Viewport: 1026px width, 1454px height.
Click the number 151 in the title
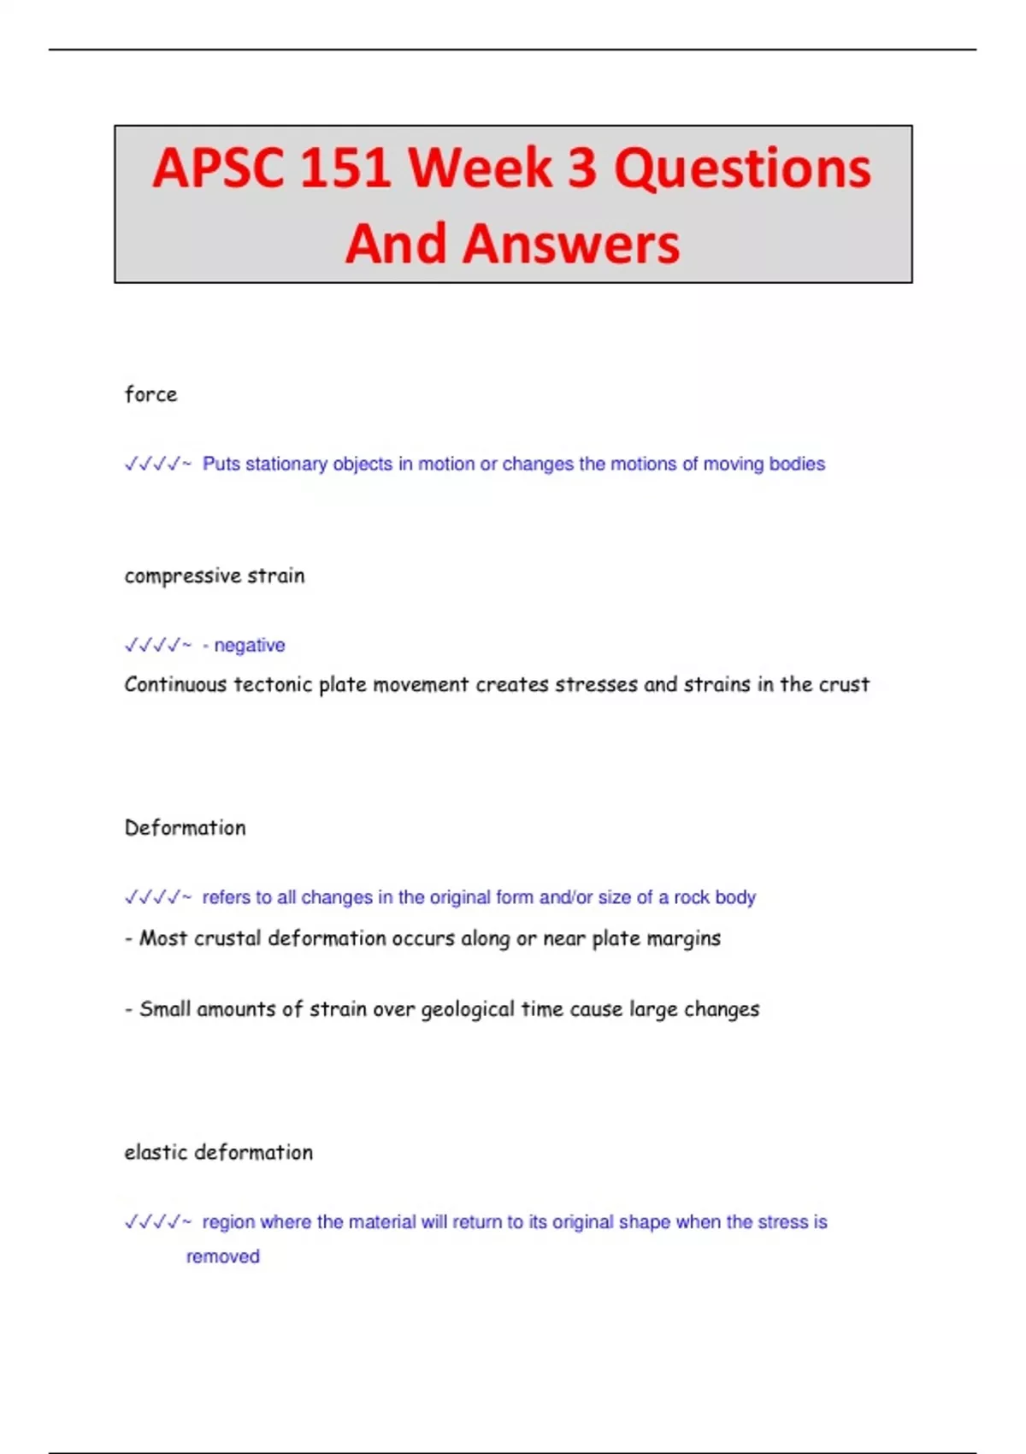point(345,168)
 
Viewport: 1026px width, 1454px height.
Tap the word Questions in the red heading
point(742,168)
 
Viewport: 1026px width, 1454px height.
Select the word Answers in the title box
point(571,244)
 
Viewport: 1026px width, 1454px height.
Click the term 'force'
point(150,394)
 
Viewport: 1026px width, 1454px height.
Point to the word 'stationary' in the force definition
point(286,464)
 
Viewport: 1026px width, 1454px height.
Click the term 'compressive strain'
point(214,576)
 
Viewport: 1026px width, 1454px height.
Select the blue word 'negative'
point(250,646)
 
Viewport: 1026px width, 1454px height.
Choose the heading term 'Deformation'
point(185,828)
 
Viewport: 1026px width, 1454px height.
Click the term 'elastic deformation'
point(218,1153)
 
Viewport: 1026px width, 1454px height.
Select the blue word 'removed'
point(222,1257)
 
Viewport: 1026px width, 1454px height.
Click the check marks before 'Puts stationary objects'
point(156,464)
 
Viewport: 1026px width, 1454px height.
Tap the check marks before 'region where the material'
point(156,1223)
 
